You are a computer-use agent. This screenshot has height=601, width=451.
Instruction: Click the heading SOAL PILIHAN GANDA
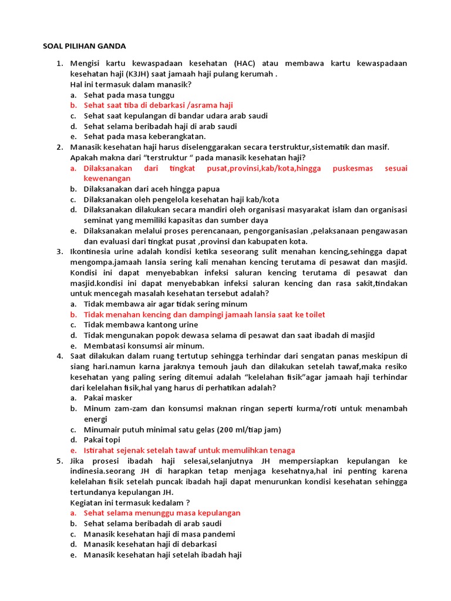(85, 46)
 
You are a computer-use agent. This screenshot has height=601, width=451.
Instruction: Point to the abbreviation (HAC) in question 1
(246, 63)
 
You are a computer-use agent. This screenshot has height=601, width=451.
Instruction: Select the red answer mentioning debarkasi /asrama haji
(158, 105)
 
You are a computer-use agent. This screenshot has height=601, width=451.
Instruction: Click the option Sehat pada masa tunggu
(129, 94)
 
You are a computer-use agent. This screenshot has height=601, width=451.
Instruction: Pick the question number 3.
(60, 252)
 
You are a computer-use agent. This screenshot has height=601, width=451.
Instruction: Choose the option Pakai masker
(108, 398)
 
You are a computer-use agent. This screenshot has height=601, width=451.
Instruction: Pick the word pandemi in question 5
(218, 534)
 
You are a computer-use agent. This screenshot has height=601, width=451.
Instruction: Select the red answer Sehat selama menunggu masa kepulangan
(162, 513)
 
